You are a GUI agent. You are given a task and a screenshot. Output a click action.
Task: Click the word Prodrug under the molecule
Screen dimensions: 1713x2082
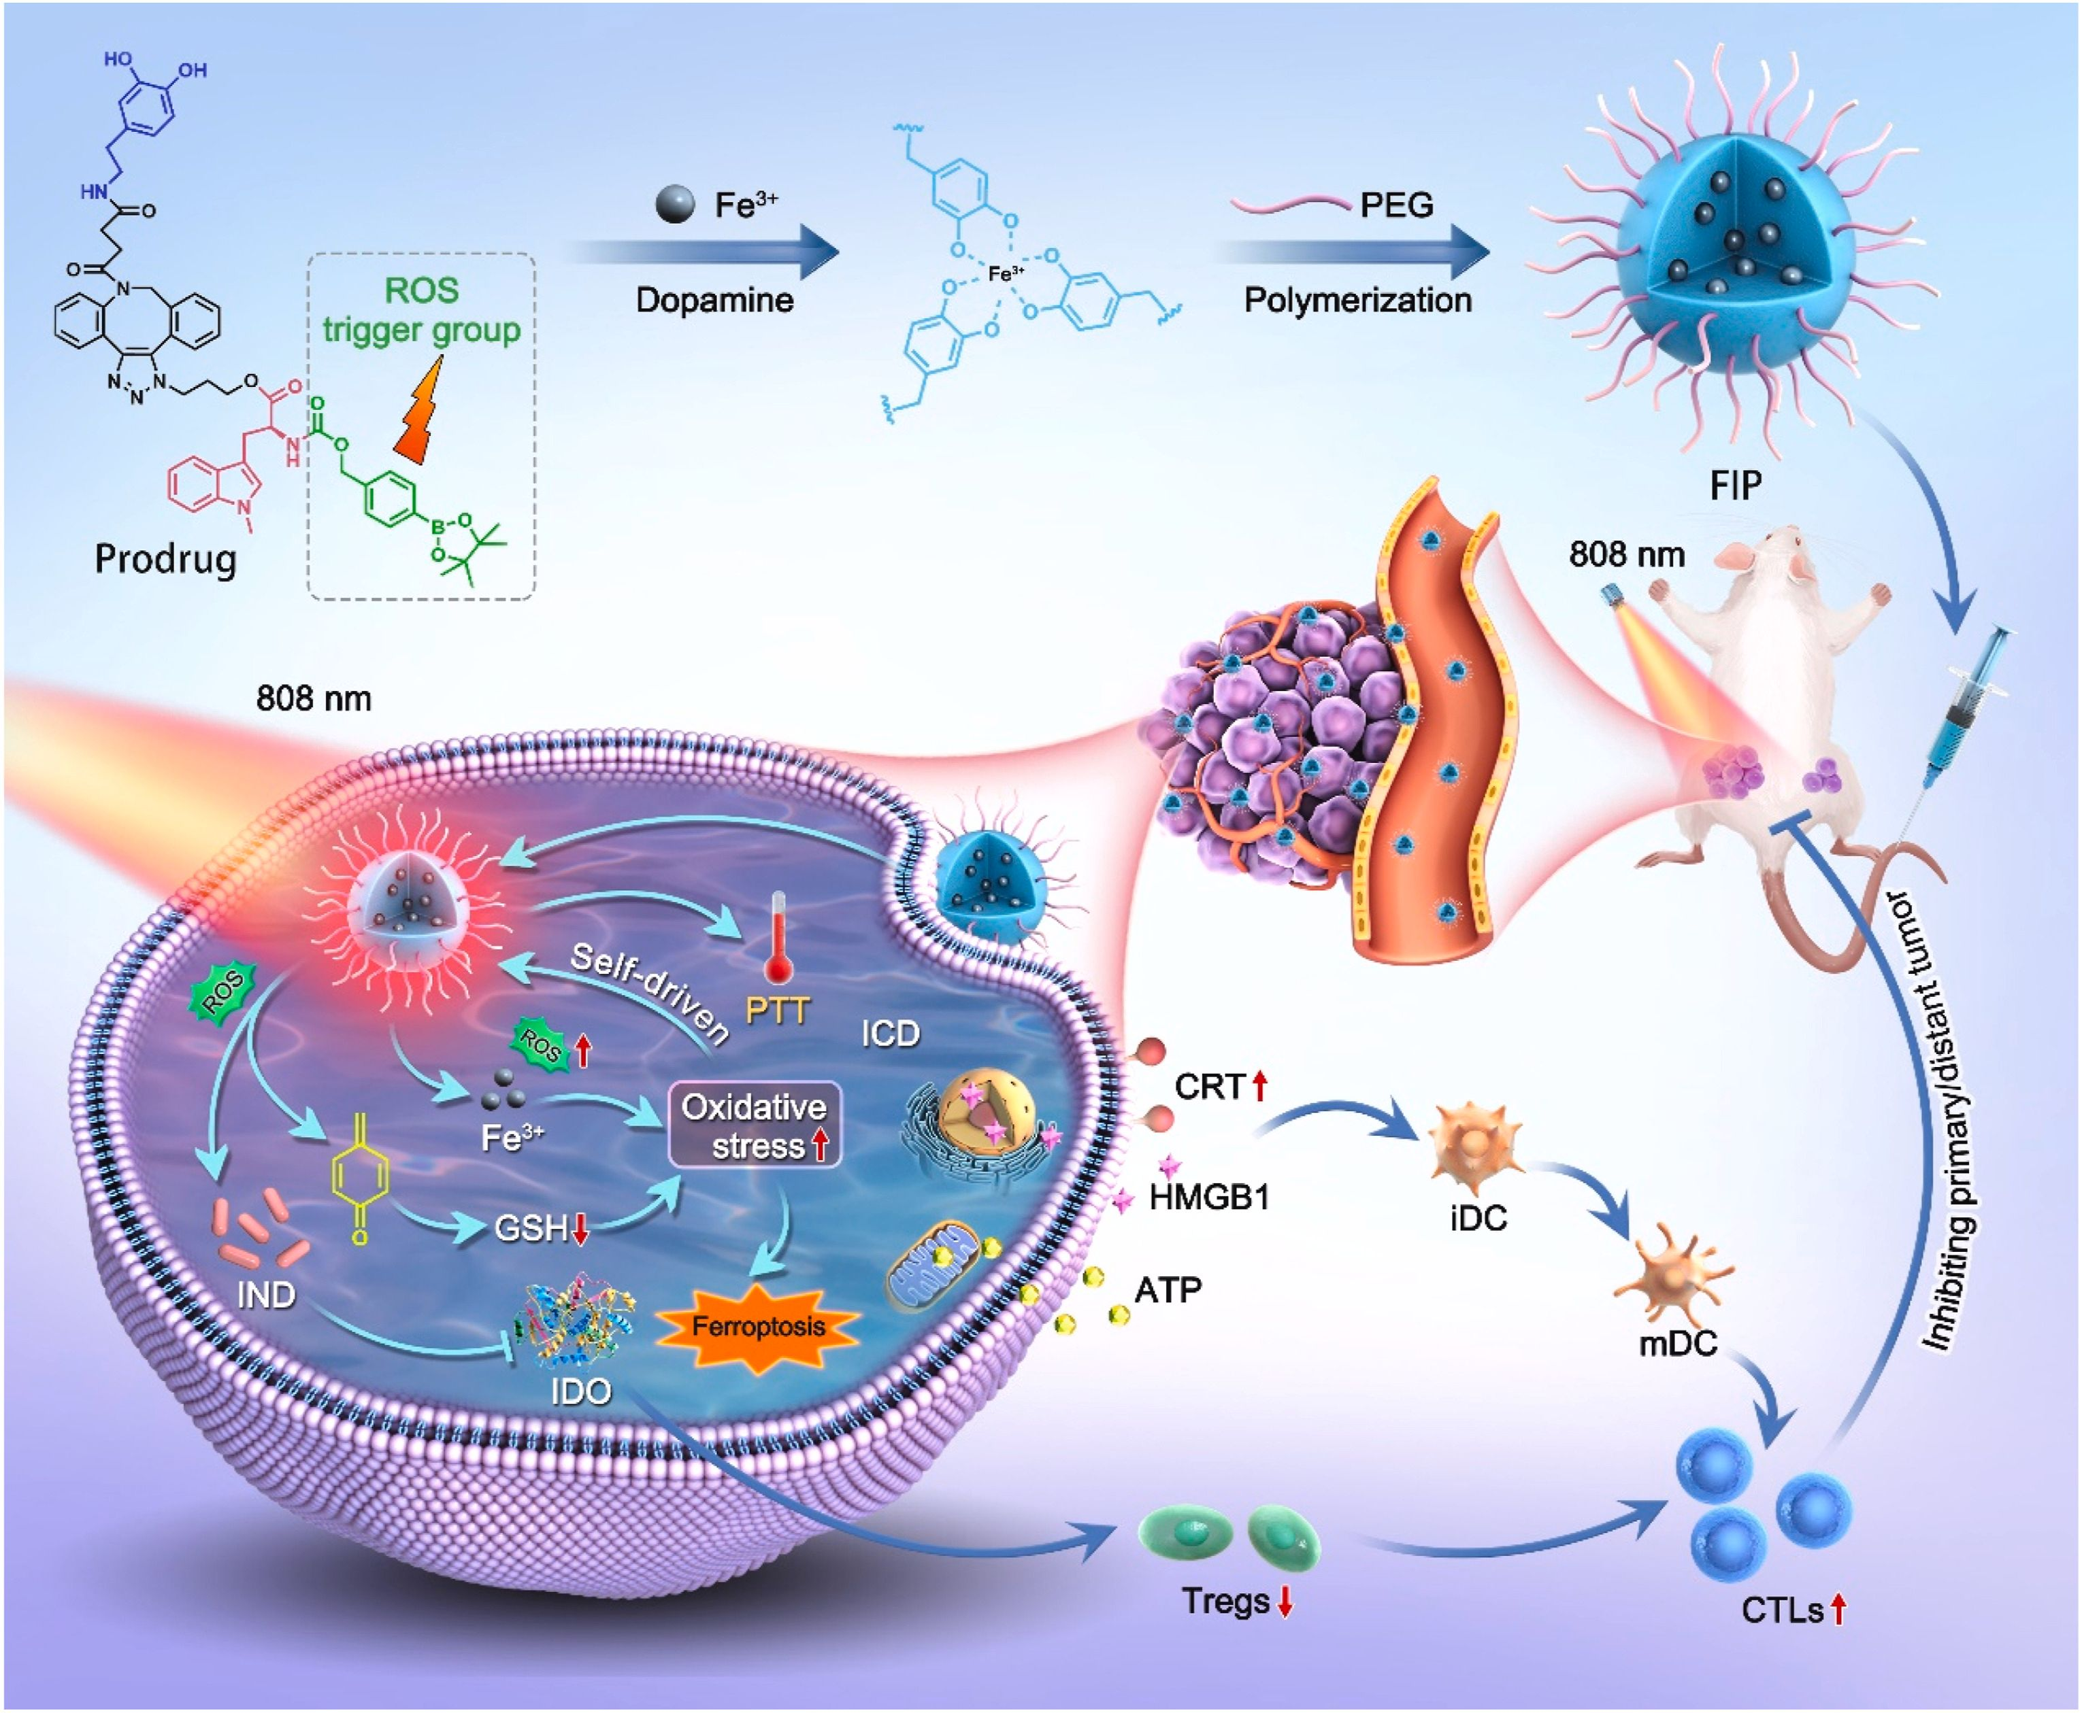pos(166,560)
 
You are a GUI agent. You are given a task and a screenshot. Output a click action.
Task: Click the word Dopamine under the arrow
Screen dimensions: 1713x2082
pos(714,300)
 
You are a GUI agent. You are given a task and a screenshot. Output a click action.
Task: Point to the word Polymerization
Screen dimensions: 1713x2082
pos(1357,300)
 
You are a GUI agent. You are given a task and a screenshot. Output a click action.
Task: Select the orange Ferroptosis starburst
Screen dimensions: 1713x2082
pos(758,1326)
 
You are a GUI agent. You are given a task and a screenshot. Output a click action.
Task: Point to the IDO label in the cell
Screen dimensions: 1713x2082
pos(582,1391)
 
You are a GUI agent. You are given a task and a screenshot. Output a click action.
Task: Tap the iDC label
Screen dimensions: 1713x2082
pos(1478,1219)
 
